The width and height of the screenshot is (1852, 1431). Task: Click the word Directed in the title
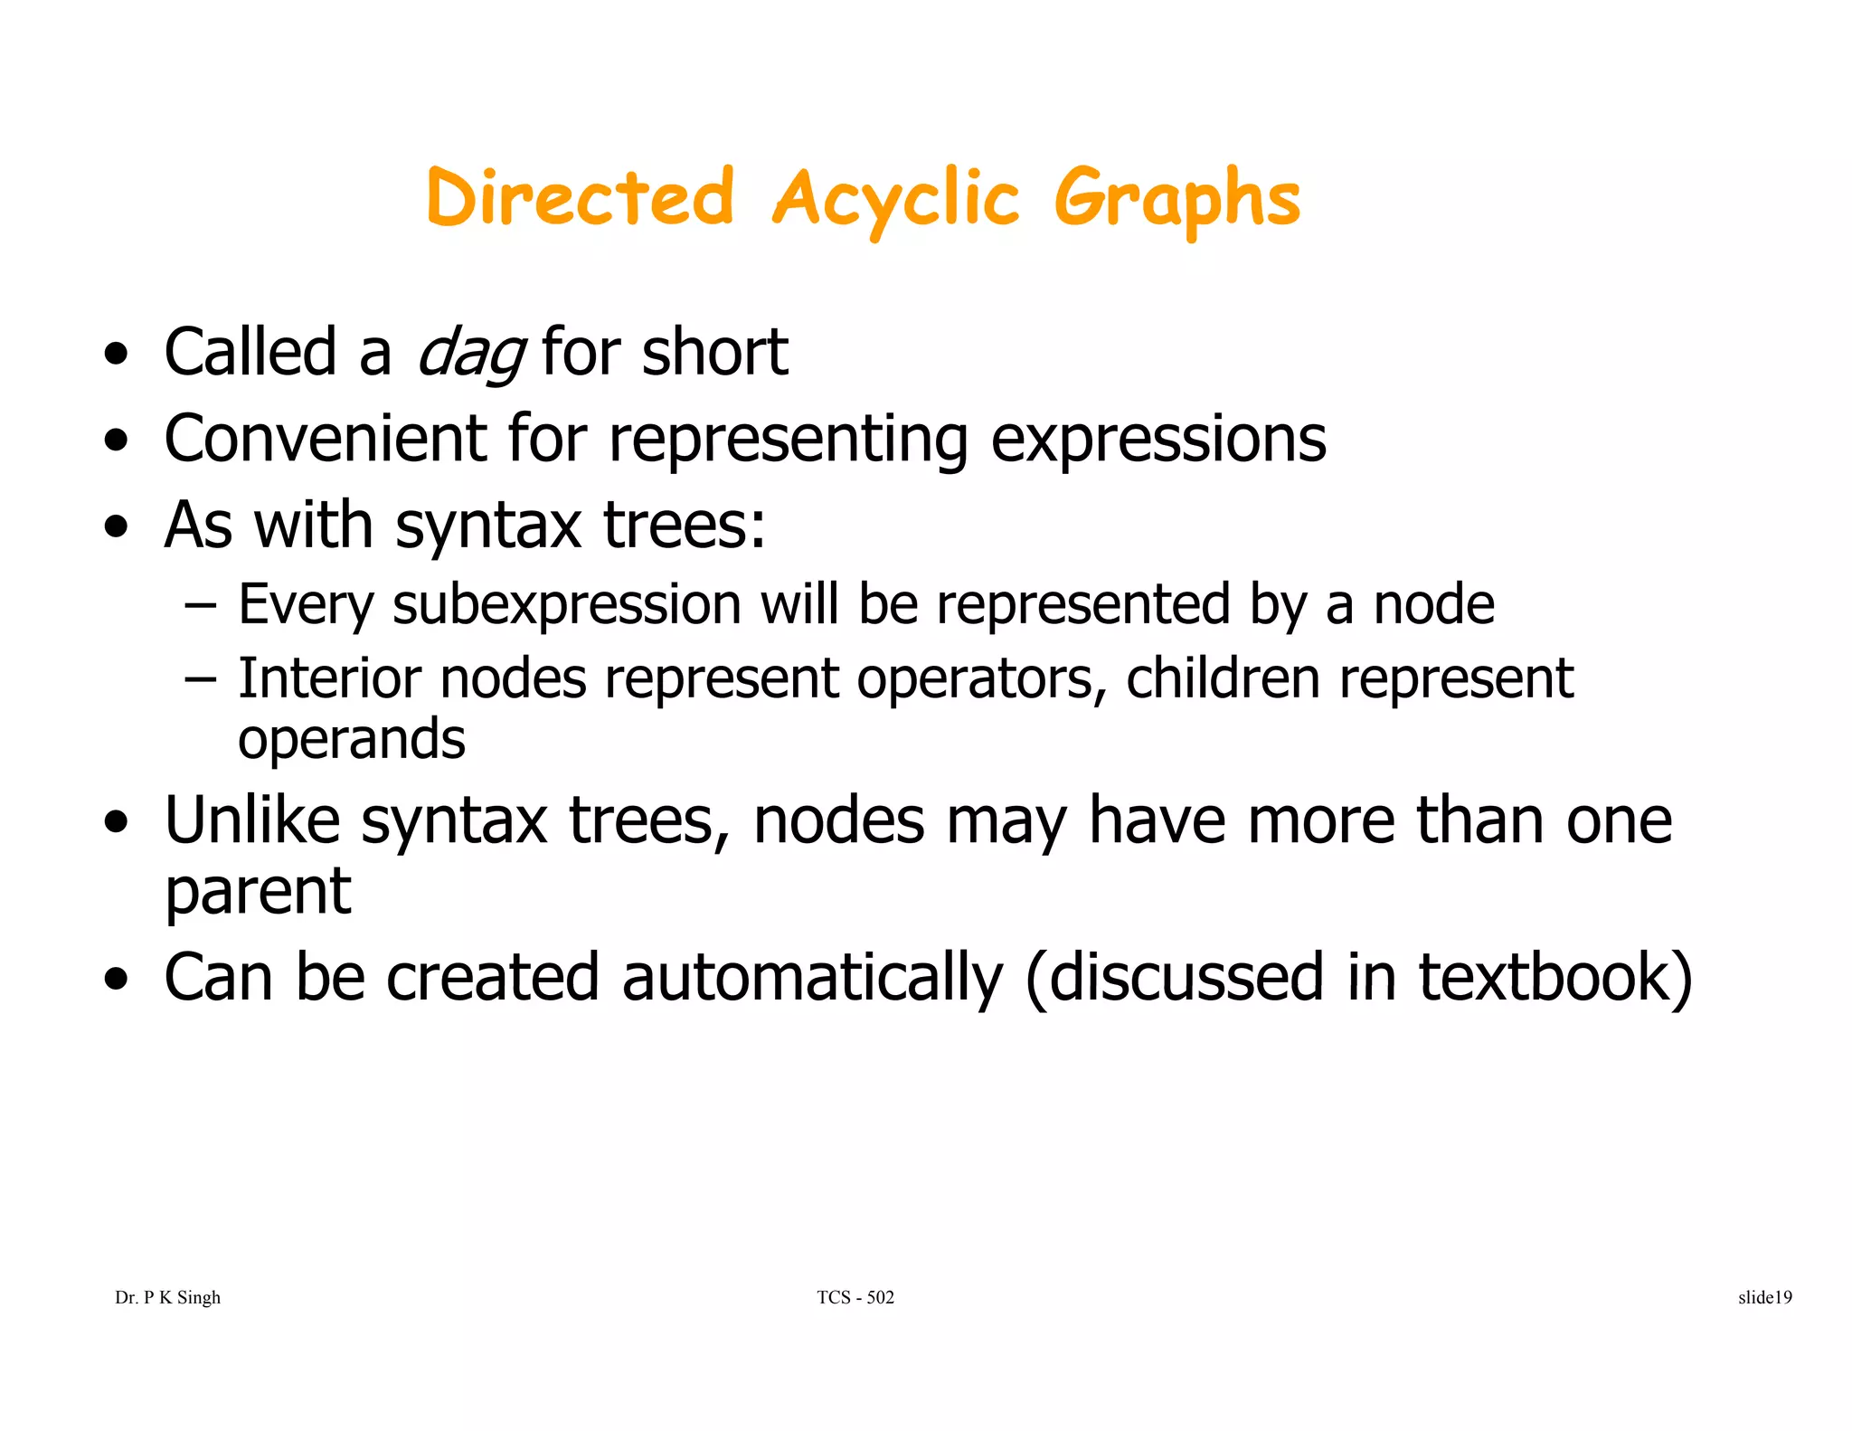click(580, 197)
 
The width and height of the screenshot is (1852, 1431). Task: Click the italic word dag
click(470, 353)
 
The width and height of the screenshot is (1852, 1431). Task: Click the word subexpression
click(567, 605)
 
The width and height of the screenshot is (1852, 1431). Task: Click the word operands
click(351, 740)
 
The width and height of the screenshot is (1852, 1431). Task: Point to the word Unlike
click(252, 820)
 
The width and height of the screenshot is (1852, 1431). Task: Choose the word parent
click(258, 893)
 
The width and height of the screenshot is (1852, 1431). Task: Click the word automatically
click(812, 979)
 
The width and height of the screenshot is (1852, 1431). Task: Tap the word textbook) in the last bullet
click(1555, 979)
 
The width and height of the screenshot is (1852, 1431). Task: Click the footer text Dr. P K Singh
click(167, 1297)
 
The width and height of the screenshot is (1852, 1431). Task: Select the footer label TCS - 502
click(855, 1297)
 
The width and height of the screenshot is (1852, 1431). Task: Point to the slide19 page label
click(1764, 1297)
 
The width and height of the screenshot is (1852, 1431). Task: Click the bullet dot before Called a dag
click(116, 355)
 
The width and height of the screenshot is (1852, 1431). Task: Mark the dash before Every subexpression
click(200, 604)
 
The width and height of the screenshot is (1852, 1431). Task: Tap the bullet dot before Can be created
click(116, 980)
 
